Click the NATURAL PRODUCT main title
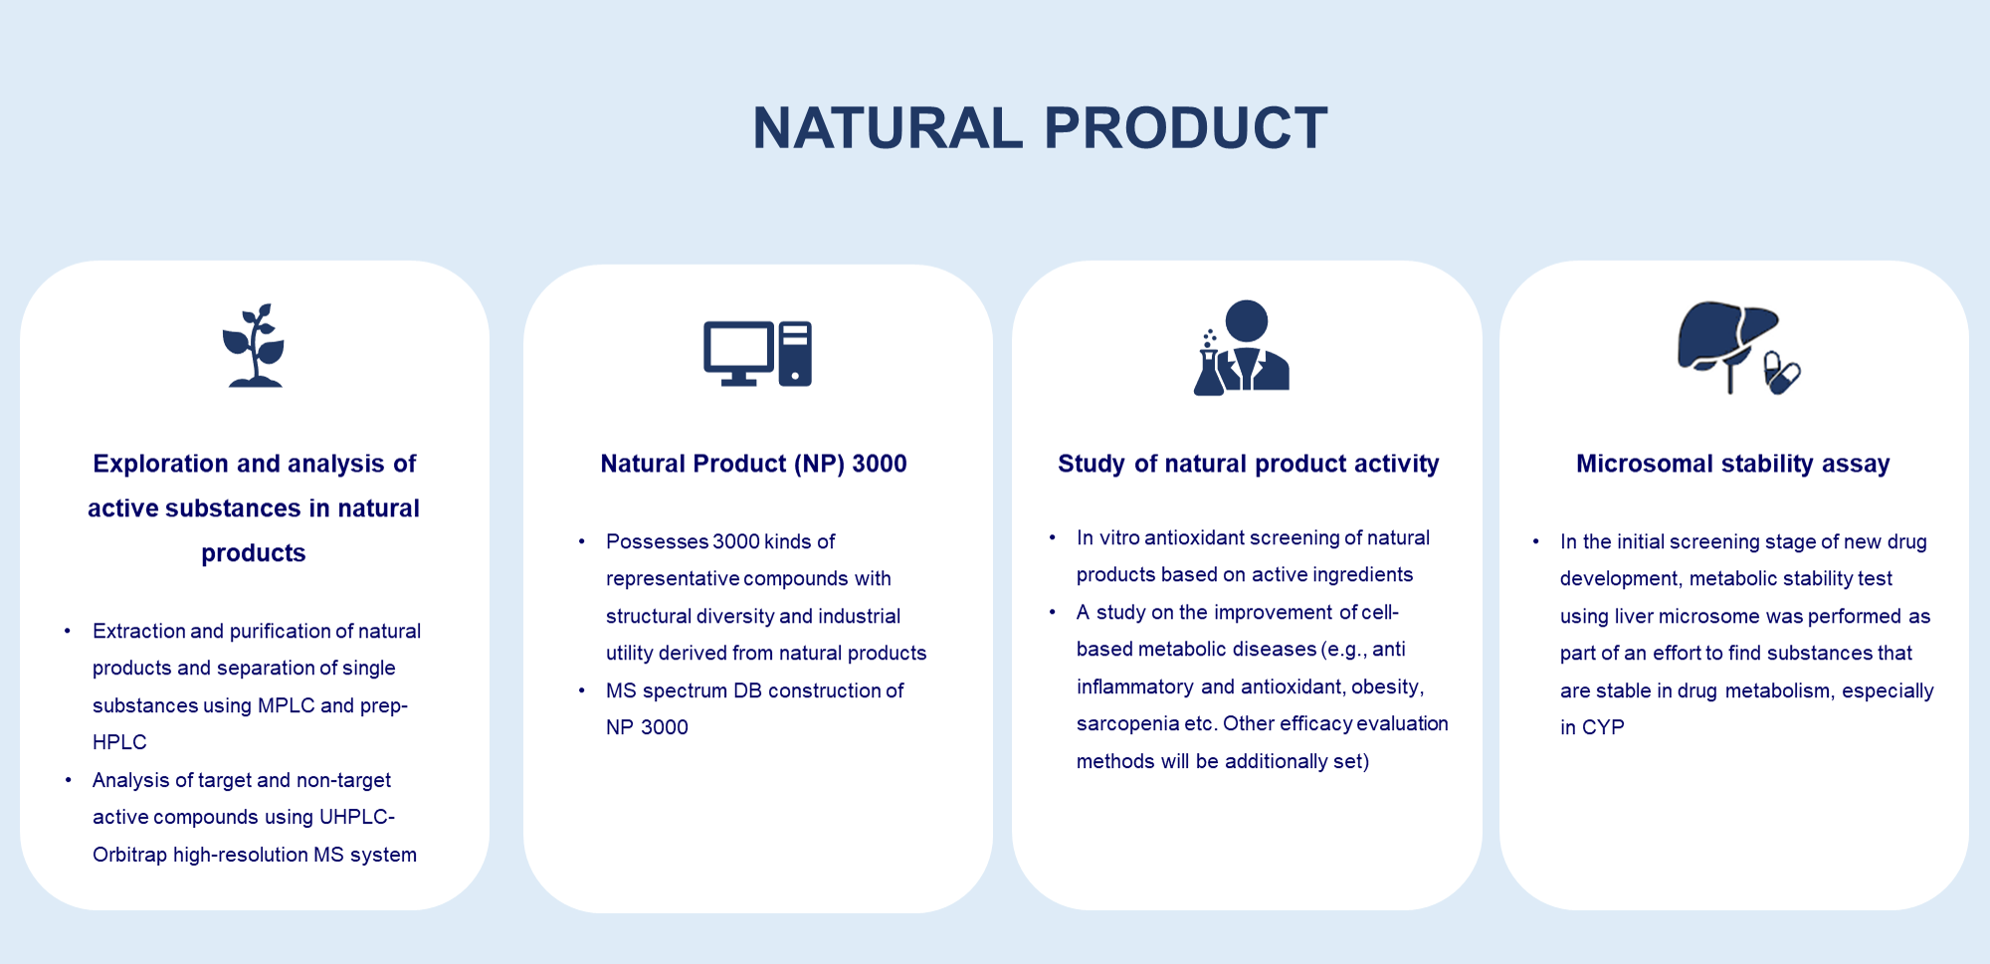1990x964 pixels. point(1040,128)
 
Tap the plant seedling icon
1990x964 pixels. point(254,345)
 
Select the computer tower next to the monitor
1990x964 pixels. point(795,353)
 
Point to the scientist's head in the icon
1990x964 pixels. point(1247,320)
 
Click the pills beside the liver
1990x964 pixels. point(1781,373)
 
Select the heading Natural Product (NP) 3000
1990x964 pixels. point(753,464)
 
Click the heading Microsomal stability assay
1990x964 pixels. point(1732,464)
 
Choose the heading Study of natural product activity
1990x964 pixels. point(1248,464)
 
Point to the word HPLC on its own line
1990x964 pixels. point(119,742)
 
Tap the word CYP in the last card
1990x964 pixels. point(1603,727)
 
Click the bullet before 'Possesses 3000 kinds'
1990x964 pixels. point(582,541)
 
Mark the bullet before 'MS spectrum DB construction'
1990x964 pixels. point(582,690)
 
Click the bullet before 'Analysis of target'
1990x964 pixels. point(68,780)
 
